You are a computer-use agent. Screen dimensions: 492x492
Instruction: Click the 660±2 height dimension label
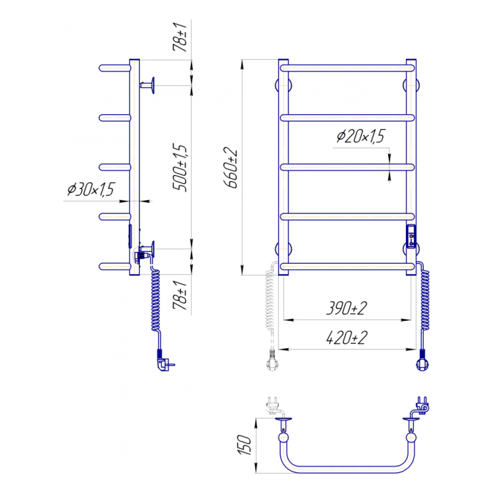point(231,168)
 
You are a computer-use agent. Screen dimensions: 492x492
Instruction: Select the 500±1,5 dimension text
point(180,168)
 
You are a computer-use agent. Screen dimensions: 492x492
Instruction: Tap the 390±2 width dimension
point(346,308)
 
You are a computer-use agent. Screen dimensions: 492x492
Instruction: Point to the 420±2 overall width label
point(346,338)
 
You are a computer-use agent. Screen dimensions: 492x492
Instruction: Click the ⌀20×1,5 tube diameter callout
point(361,136)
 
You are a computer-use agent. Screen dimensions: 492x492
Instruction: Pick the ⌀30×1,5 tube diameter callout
point(91,189)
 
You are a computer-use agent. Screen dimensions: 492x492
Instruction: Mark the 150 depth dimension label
point(245,445)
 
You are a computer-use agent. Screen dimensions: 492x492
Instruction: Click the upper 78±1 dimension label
point(180,37)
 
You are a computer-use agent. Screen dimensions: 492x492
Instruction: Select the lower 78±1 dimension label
point(180,295)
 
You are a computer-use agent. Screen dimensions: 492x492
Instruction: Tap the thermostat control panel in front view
point(411,237)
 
